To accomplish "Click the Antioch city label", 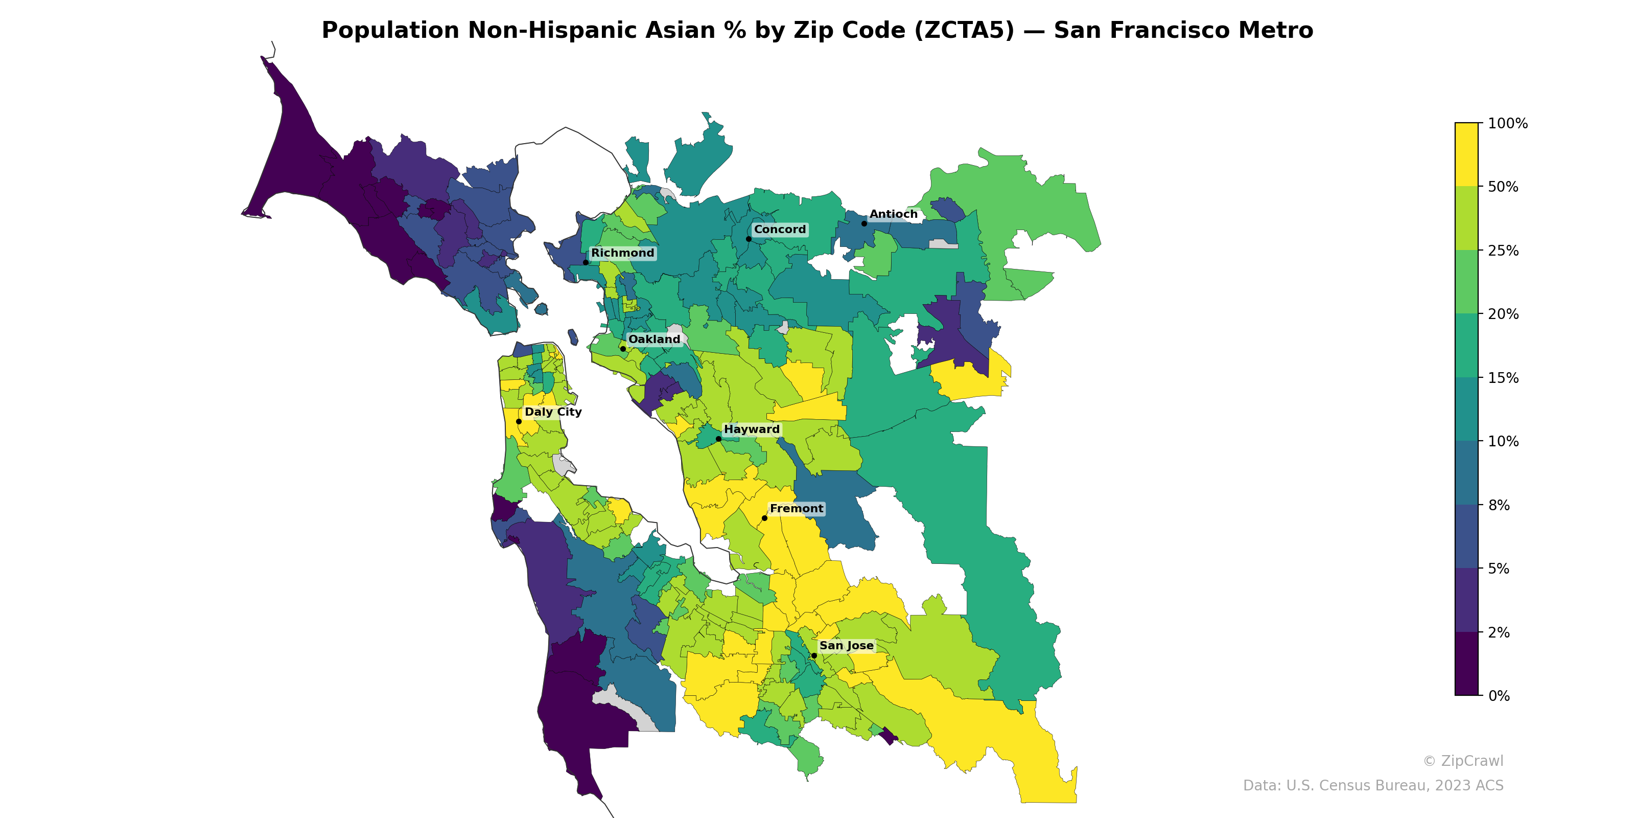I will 893,215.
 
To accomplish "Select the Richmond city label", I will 622,253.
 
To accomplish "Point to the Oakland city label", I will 654,339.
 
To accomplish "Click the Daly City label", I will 553,412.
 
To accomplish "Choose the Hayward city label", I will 752,429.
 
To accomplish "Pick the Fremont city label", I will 797,509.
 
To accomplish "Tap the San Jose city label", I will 846,646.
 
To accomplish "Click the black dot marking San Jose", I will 814,655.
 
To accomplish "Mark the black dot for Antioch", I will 864,223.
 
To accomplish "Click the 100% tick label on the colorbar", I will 1507,123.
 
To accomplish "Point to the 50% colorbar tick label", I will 1503,187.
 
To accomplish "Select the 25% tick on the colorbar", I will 1503,250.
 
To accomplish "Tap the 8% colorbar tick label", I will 1499,505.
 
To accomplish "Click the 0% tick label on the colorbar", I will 1499,695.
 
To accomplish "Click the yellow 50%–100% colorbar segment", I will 1466,154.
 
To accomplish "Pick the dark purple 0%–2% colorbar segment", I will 1466,664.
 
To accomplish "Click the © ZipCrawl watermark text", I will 1463,761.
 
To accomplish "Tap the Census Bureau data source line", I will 1373,786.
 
